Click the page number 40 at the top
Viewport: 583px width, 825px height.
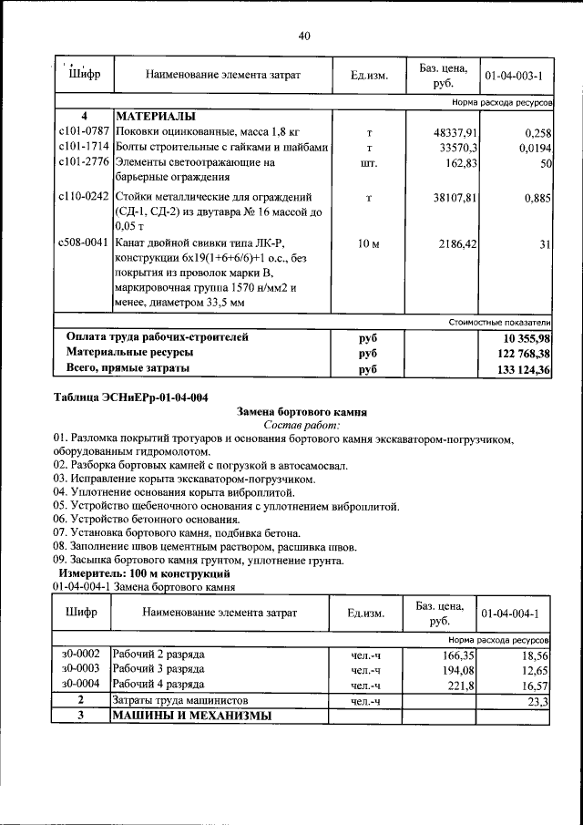pos(304,36)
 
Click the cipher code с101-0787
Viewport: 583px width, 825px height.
pos(84,132)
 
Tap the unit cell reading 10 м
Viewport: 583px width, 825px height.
pos(369,244)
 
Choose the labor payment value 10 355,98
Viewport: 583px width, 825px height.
pos(523,337)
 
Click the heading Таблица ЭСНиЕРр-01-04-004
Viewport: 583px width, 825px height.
pos(131,397)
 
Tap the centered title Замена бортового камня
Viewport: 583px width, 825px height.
pos(302,411)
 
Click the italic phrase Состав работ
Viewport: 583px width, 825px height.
pos(301,425)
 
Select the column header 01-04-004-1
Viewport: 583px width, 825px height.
pos(511,613)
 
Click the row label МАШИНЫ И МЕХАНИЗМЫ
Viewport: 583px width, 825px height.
pos(191,716)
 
